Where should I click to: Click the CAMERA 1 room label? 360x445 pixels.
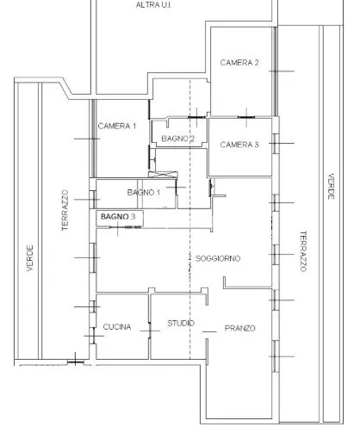click(117, 126)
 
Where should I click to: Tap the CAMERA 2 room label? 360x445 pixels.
click(239, 63)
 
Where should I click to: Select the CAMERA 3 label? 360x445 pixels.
click(239, 145)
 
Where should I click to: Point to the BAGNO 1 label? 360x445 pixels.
click(144, 192)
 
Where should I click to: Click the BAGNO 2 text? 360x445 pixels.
click(178, 139)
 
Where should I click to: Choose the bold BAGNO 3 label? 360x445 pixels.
click(118, 217)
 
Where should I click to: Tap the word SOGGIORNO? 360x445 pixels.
click(218, 258)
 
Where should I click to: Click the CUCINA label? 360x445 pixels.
click(117, 327)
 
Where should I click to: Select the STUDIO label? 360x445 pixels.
click(181, 324)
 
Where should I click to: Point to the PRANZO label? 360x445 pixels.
click(240, 328)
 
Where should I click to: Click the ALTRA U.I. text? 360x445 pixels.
click(153, 5)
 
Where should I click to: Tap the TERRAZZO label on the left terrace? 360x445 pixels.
click(65, 210)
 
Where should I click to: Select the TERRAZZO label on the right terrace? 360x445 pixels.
click(303, 251)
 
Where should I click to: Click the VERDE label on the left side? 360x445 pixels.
click(30, 258)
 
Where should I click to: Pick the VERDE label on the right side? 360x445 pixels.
click(331, 186)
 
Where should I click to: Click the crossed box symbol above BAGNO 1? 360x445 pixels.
click(163, 175)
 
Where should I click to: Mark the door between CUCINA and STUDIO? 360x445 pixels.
click(150, 331)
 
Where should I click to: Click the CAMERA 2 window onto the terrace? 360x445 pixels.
click(275, 71)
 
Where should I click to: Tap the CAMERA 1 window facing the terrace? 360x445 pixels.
click(93, 139)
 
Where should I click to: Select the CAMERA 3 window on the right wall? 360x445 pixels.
click(276, 144)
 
